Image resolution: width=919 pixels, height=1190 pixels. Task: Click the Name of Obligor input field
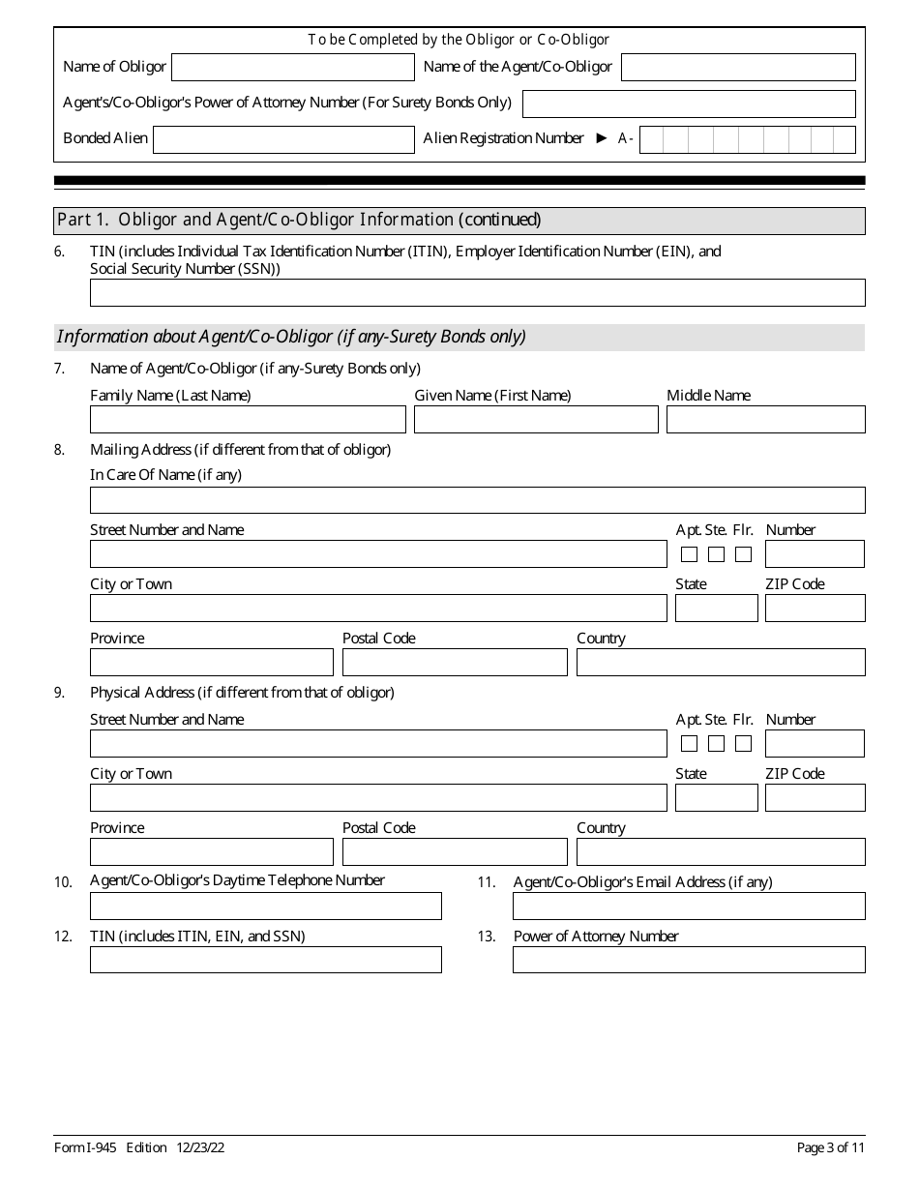click(292, 67)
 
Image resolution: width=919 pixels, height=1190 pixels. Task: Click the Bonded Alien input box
click(283, 139)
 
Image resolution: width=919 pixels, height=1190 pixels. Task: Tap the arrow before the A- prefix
click(602, 138)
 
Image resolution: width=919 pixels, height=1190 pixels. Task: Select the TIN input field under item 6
click(477, 292)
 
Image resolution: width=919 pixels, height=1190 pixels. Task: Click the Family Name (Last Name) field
click(248, 419)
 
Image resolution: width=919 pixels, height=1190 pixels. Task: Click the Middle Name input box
click(765, 419)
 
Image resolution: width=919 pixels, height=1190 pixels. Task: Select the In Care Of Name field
click(477, 500)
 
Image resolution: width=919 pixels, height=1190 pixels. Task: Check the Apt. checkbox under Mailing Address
click(689, 554)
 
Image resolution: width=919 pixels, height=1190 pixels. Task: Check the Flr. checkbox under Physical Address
click(743, 744)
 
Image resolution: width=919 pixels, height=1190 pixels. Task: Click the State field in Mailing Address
click(716, 609)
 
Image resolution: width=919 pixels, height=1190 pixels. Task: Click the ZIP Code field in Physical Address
click(815, 798)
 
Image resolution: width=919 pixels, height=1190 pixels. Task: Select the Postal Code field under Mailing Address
click(455, 663)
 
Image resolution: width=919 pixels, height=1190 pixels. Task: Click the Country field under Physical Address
click(721, 852)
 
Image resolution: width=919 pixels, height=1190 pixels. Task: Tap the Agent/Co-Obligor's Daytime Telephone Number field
click(265, 907)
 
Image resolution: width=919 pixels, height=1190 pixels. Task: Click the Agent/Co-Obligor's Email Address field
click(689, 907)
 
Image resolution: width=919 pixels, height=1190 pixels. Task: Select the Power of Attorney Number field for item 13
click(689, 960)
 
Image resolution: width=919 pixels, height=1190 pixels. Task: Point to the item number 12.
click(63, 937)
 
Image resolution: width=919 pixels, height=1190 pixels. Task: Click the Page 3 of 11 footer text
click(831, 1147)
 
